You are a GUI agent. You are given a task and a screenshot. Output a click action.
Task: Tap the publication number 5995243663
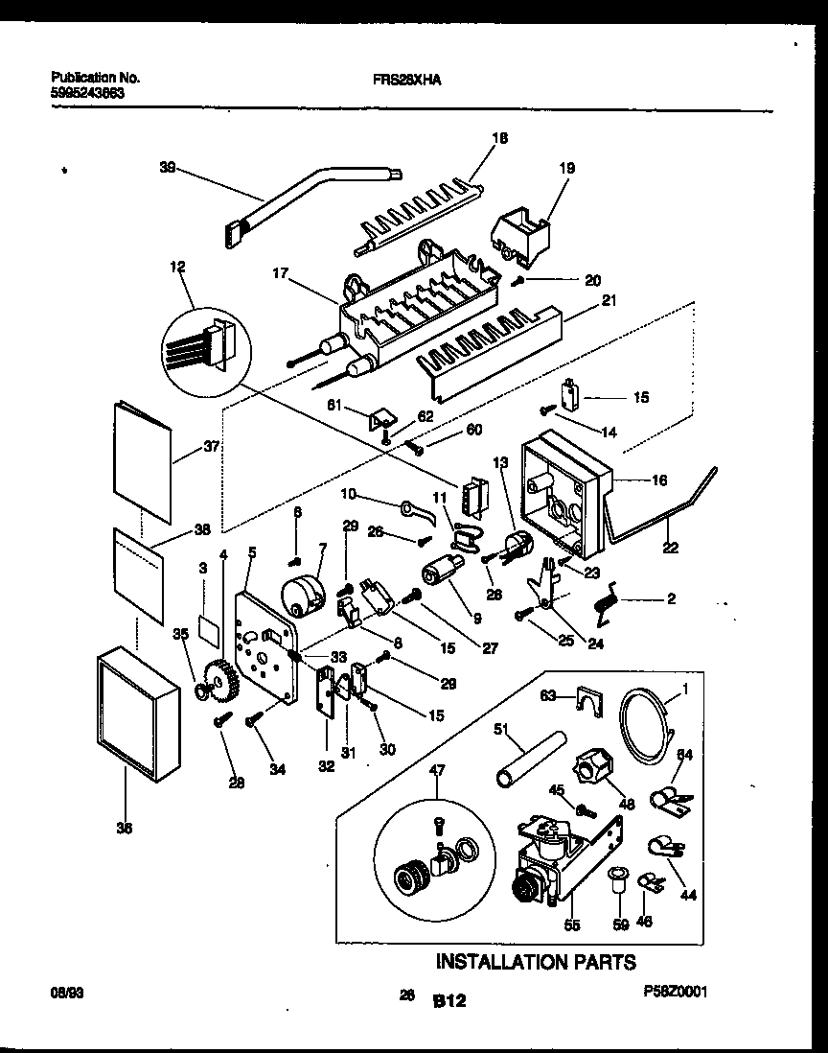87,95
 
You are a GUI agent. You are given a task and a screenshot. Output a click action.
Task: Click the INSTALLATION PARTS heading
536,961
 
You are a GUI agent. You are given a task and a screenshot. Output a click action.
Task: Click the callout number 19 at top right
566,168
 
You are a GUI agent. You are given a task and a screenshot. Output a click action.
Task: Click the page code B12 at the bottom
448,1001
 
